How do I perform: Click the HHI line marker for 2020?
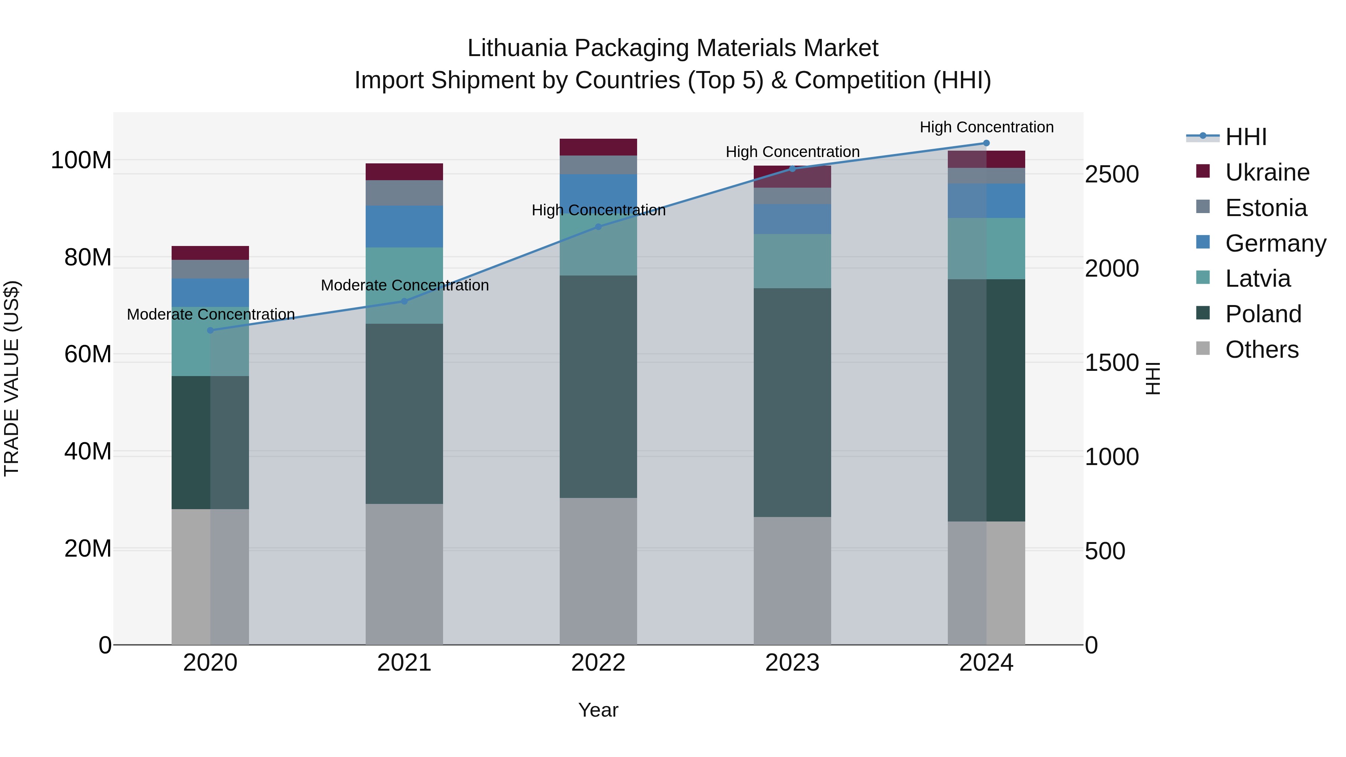(210, 330)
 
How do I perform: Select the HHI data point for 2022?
(598, 227)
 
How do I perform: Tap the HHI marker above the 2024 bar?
(986, 143)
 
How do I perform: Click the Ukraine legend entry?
(1267, 172)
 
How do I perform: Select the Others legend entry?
(1262, 350)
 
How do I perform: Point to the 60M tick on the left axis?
(87, 354)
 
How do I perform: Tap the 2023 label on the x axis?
(792, 663)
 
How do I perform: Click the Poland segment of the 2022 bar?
(598, 387)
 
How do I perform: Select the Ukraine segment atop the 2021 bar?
(404, 172)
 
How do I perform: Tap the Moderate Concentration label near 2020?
(210, 314)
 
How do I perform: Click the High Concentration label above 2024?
(986, 127)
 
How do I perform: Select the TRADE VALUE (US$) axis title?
(12, 378)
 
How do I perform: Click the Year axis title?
(598, 710)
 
